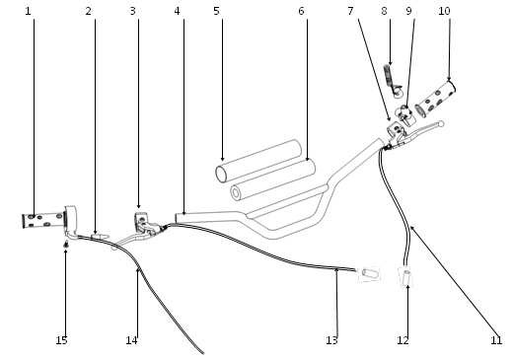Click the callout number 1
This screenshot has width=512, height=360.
click(28, 11)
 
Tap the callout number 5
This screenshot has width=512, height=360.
click(216, 11)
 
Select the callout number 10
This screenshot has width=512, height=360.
click(444, 11)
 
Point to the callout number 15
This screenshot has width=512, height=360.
click(61, 340)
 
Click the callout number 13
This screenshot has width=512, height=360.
click(331, 340)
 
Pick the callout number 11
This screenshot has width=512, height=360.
click(496, 340)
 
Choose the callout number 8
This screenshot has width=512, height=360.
click(384, 11)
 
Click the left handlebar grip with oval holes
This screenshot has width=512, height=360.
click(43, 220)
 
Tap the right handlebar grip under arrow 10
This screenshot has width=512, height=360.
click(435, 99)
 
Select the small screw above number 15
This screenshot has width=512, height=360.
click(66, 244)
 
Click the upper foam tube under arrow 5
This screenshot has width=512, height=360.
click(258, 161)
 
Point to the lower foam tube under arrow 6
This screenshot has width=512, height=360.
click(272, 180)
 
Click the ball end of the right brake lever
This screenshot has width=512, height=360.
click(441, 124)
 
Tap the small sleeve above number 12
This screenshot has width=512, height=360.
click(406, 277)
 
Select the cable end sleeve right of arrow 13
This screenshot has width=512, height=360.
click(369, 273)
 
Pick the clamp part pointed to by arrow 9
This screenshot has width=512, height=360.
click(405, 115)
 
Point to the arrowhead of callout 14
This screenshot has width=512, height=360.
click(138, 270)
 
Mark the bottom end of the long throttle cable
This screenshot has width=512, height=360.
click(203, 353)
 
